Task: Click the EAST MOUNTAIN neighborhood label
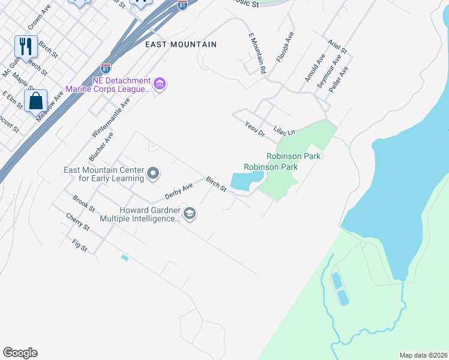[x=181, y=44]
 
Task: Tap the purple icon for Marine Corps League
[x=160, y=84]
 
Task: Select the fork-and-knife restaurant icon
[x=26, y=46]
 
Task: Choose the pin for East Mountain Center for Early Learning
[x=152, y=174]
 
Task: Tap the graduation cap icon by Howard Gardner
[x=190, y=214]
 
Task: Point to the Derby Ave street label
[x=179, y=191]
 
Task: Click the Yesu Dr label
[x=255, y=128]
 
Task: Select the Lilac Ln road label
[x=285, y=130]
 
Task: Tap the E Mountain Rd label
[x=257, y=53]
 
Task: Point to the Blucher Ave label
[x=101, y=147]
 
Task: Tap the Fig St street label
[x=80, y=245]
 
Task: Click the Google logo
[x=20, y=353]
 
